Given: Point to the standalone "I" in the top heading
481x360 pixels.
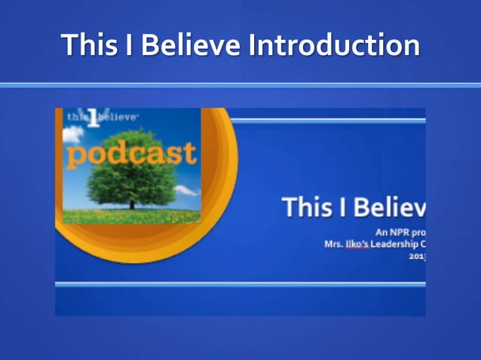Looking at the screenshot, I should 129,45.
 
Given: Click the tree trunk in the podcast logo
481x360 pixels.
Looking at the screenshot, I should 133,203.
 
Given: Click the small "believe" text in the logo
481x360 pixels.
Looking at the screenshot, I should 120,117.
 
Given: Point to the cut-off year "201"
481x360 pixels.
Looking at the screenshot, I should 417,256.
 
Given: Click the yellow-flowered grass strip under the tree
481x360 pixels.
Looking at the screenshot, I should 132,216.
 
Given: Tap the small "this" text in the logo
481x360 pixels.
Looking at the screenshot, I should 78,117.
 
